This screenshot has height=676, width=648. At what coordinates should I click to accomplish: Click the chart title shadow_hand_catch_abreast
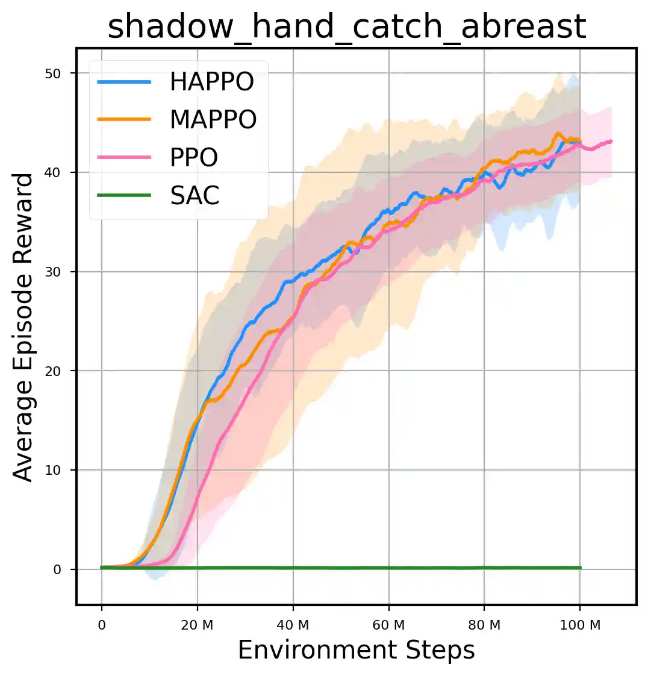point(347,27)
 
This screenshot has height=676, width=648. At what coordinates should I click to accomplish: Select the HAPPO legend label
point(212,82)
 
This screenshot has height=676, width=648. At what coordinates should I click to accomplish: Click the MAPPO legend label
point(213,120)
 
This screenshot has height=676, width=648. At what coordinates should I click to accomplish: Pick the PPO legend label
point(194,158)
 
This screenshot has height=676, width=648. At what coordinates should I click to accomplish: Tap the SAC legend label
point(195,196)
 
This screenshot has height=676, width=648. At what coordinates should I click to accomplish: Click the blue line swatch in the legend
point(124,83)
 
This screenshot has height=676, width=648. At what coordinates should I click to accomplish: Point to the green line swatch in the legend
point(124,195)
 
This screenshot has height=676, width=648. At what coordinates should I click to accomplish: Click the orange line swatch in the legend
point(124,120)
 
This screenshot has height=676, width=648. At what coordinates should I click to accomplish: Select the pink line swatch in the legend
point(124,158)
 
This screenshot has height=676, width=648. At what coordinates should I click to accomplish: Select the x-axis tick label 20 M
point(197,625)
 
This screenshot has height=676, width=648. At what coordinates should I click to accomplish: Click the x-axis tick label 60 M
point(388,625)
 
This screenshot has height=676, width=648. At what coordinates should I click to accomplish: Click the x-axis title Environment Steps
point(356,651)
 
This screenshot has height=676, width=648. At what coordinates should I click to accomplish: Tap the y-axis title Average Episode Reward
point(24,327)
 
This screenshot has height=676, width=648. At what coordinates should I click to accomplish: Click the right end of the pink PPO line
point(611,141)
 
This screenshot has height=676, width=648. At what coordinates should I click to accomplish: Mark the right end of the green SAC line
point(580,568)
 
